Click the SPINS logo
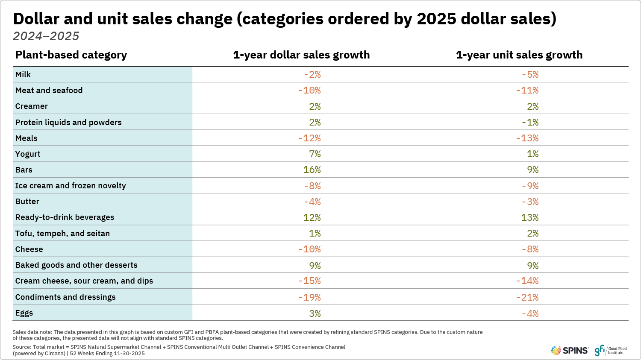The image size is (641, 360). click(570, 351)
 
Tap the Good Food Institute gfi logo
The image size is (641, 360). click(611, 351)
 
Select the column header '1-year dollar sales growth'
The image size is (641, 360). click(301, 55)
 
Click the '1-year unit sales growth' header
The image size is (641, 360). click(519, 55)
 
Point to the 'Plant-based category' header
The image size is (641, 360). click(71, 55)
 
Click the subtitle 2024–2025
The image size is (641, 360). click(46, 36)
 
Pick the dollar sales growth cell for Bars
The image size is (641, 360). click(312, 170)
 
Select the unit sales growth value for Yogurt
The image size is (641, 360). click(532, 154)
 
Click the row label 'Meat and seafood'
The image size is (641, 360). click(49, 91)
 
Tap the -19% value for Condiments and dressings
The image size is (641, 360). click(310, 297)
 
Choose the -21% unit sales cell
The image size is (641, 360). click(527, 297)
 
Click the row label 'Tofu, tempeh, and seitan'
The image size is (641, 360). click(62, 234)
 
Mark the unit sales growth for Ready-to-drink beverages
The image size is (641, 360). click(529, 218)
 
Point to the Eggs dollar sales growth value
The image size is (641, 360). click(315, 313)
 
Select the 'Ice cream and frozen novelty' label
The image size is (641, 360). click(71, 186)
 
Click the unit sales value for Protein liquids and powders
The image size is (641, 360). click(530, 123)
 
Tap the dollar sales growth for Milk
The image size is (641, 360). click(312, 75)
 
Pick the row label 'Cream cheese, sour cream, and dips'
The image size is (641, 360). click(84, 281)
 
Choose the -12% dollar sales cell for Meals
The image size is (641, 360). click(310, 138)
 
